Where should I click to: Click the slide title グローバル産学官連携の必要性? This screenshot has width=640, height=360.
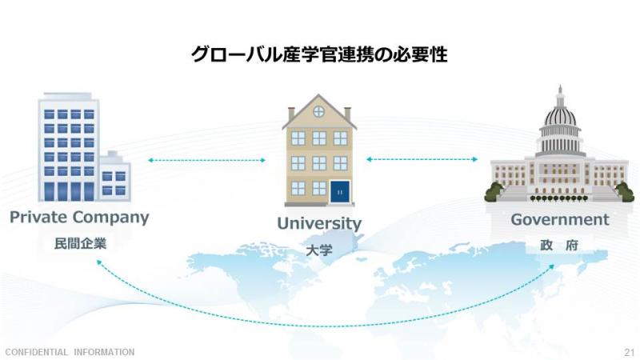tap(319, 54)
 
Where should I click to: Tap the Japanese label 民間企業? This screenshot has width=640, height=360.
tap(81, 244)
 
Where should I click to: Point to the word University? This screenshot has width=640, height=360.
tap(319, 223)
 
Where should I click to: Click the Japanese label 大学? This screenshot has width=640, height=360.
tap(318, 250)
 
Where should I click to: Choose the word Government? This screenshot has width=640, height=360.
tap(559, 219)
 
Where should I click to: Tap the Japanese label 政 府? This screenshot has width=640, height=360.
tap(559, 245)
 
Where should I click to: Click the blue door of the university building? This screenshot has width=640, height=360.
tap(340, 191)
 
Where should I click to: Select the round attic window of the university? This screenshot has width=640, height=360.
tap(318, 111)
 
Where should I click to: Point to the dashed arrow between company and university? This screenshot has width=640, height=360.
tap(206, 161)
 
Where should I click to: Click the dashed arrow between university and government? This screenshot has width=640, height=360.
tap(422, 159)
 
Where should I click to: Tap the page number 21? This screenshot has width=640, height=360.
tap(630, 352)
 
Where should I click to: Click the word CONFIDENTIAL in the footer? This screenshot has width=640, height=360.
tap(36, 352)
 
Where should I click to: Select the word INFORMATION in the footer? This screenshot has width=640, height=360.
tap(104, 352)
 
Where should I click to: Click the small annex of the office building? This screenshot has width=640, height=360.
tap(115, 176)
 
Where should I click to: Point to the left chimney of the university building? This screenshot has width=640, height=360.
tap(291, 114)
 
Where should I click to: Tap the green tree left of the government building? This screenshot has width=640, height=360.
tap(494, 191)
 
